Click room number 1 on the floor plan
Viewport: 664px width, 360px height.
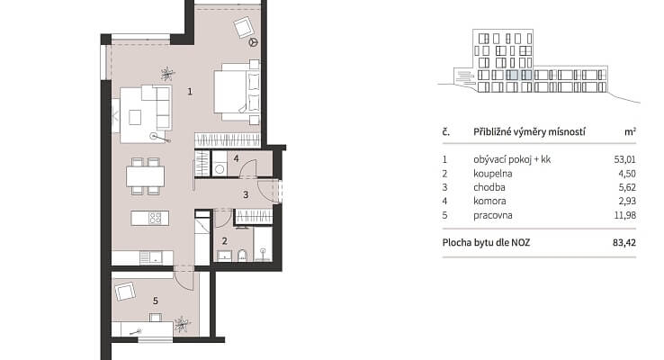190,91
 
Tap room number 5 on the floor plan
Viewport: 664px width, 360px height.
156,301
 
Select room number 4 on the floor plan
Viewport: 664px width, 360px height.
236,158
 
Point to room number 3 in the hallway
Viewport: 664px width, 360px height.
246,194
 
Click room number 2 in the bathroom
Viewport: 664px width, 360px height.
224,241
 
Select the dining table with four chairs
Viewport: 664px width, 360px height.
145,176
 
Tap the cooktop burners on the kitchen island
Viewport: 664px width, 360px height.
155,218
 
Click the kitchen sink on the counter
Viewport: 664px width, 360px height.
151,256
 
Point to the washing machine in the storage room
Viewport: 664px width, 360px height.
220,165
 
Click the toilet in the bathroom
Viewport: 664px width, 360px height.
242,256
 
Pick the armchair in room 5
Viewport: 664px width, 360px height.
125,292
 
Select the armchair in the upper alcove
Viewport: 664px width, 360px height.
244,27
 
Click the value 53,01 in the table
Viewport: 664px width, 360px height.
624,159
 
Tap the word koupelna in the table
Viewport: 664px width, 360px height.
493,173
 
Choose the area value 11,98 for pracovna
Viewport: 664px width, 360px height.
625,215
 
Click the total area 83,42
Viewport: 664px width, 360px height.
624,243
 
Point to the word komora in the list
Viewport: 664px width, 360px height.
489,202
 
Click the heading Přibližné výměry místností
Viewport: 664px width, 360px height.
529,131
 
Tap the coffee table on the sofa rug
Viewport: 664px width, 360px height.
135,117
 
